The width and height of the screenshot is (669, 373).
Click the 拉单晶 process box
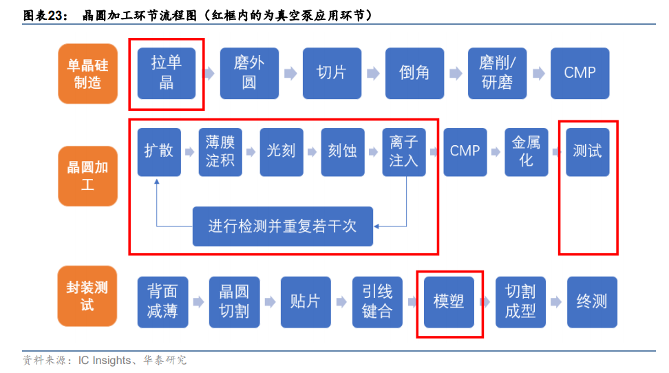[x=167, y=72]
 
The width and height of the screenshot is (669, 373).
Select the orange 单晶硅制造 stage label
[x=87, y=73]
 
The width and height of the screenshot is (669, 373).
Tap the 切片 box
[x=332, y=72]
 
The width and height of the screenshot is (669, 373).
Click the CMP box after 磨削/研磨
[x=580, y=72]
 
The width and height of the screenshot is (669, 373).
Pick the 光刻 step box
[x=282, y=151]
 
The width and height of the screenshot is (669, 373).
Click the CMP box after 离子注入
[x=465, y=151]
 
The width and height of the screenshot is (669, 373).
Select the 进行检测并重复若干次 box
[x=283, y=226]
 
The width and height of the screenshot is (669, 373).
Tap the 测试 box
[x=587, y=151]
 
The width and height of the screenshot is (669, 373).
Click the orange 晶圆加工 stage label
[x=87, y=176]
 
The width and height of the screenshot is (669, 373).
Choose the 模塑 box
[x=449, y=301]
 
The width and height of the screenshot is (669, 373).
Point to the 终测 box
[x=592, y=301]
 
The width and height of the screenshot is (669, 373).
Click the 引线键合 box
[x=377, y=301]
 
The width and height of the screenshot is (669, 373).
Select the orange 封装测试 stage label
[x=87, y=295]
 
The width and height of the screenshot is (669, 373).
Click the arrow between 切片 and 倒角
[x=372, y=73]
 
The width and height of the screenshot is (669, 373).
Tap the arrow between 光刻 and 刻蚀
[x=312, y=151]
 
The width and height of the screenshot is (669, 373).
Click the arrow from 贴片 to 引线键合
[x=341, y=302]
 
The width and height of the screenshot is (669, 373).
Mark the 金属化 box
[x=526, y=151]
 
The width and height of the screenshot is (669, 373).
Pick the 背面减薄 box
[x=162, y=301]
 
